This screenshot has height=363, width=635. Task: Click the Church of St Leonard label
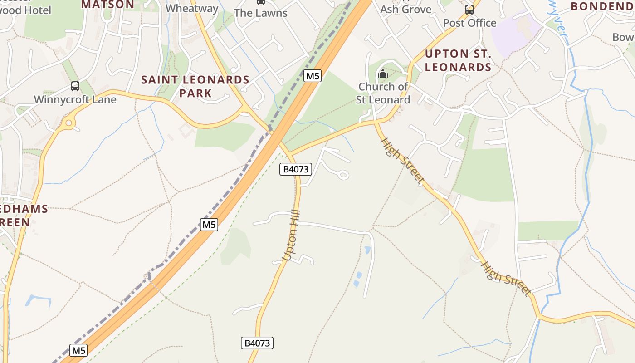click(383, 93)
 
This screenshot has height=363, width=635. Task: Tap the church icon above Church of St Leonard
click(383, 73)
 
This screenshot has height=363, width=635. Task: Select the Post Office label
click(469, 23)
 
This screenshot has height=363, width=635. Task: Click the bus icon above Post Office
click(469, 9)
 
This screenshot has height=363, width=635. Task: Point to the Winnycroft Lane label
click(75, 99)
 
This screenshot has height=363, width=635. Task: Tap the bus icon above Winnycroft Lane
click(75, 86)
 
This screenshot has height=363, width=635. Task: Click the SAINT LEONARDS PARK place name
click(195, 86)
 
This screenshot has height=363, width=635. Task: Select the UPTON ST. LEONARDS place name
click(458, 60)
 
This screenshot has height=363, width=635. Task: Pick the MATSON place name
click(107, 5)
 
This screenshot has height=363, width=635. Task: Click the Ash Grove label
click(405, 9)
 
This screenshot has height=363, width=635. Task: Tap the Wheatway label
click(192, 8)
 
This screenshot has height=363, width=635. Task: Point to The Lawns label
click(261, 13)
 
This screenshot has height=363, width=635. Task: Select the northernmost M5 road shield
click(313, 76)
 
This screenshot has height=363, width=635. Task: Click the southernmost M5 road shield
click(78, 350)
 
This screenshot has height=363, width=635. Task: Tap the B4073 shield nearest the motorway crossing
click(296, 169)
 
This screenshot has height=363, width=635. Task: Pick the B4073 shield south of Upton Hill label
click(257, 343)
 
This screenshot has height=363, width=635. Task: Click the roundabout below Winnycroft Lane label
click(69, 122)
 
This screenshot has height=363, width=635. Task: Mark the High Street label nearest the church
click(402, 161)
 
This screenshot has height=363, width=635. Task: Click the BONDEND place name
click(602, 6)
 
